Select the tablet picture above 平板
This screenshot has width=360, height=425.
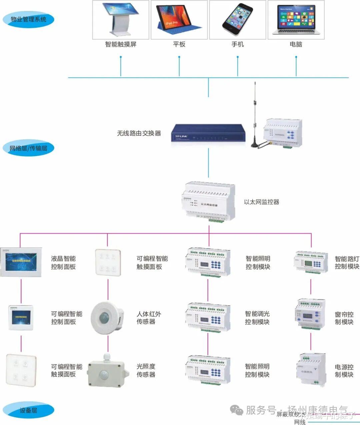(x=179, y=19)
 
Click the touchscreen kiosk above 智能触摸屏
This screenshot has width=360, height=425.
(x=121, y=19)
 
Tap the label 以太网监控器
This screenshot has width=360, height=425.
(x=262, y=202)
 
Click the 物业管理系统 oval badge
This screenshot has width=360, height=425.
(x=28, y=19)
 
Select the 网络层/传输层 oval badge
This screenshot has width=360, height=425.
(x=28, y=148)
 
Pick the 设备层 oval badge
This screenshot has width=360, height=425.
(x=28, y=410)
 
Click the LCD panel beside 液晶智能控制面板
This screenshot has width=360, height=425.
(x=21, y=262)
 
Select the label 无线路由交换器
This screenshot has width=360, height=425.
(x=139, y=133)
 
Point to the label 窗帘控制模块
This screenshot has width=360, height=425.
(x=344, y=318)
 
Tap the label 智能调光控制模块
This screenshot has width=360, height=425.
(x=257, y=318)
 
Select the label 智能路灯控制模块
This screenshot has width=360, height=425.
(x=347, y=262)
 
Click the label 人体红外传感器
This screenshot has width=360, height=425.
(x=149, y=318)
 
